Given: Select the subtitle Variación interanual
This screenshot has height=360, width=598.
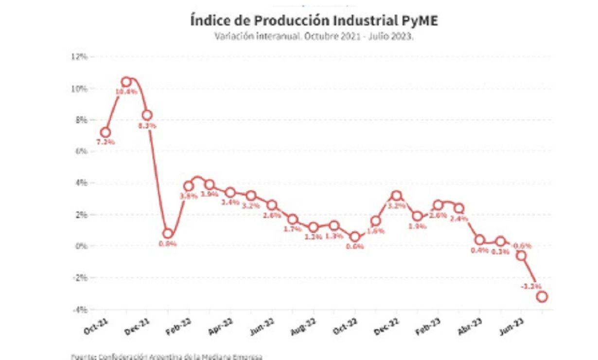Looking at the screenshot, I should [x=314, y=36].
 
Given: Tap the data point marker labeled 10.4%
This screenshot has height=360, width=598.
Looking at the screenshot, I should [x=126, y=82].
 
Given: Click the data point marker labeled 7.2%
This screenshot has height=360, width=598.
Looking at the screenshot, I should [x=106, y=132].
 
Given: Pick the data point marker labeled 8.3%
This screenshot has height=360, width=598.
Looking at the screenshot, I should [x=147, y=115].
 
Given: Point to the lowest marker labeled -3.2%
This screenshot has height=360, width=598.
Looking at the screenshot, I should [x=542, y=296].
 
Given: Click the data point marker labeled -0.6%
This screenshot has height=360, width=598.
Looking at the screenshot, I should [x=521, y=255].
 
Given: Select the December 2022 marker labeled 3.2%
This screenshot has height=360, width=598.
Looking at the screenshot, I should [x=396, y=196].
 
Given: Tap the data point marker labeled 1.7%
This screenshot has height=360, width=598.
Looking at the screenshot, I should [x=293, y=219].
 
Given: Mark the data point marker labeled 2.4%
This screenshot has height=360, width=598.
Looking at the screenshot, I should [x=458, y=208].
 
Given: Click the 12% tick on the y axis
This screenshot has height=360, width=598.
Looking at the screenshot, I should [x=79, y=57].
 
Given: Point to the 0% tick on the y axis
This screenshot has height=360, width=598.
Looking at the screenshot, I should [x=81, y=246].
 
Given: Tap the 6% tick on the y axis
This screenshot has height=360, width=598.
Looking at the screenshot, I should [x=81, y=151].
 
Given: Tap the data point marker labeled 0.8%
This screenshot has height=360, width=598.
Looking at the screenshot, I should [x=168, y=234].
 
